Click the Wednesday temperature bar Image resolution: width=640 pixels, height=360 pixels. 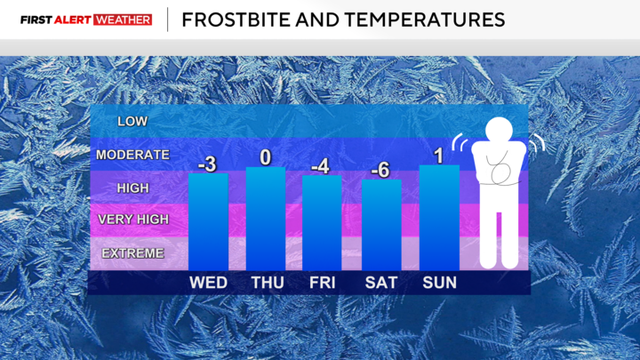[x=208, y=221]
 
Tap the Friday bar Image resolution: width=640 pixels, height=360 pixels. [x=322, y=222]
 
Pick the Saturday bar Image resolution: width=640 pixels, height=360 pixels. [x=381, y=224]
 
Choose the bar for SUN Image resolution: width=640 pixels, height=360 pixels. [x=439, y=217]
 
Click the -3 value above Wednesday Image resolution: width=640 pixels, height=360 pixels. [x=207, y=163]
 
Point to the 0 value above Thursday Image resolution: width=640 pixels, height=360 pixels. [x=266, y=157]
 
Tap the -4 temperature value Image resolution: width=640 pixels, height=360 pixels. [x=321, y=165]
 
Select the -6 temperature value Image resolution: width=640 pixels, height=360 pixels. [x=380, y=170]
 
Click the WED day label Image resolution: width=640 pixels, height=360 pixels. [x=208, y=283]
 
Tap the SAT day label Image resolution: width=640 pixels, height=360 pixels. [x=381, y=283]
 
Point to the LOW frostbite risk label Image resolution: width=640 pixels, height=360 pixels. [x=133, y=122]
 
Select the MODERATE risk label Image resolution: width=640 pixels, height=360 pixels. [x=133, y=155]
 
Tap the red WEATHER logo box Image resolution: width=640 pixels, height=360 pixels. [x=123, y=20]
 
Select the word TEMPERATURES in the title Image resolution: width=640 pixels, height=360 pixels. [x=420, y=20]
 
